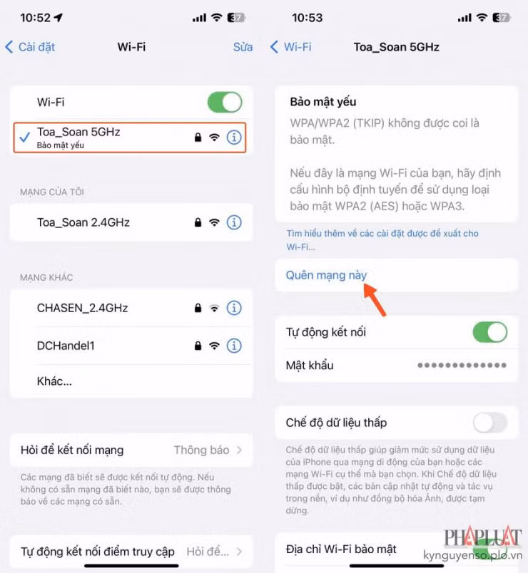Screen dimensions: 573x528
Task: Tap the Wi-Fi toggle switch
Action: (x=225, y=102)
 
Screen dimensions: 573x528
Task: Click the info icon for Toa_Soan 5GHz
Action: (x=234, y=138)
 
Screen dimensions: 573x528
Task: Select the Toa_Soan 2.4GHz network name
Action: (x=83, y=222)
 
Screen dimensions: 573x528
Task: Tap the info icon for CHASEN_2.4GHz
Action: (x=234, y=309)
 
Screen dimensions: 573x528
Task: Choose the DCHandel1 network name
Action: (x=66, y=346)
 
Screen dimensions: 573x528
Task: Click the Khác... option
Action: (x=54, y=381)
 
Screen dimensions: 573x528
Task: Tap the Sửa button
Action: (x=243, y=47)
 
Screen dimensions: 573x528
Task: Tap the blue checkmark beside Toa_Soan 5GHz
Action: (x=24, y=138)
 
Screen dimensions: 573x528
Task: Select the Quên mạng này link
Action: (x=326, y=275)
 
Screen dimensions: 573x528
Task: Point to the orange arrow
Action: (x=375, y=299)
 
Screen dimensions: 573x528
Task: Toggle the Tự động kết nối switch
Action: (x=489, y=332)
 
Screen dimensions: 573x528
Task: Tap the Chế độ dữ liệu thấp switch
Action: (x=489, y=423)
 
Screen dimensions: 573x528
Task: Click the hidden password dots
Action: (x=462, y=366)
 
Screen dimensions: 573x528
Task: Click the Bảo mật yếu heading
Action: (x=323, y=102)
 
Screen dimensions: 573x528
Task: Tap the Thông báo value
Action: (x=201, y=450)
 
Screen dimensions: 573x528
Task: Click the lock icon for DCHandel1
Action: (x=198, y=346)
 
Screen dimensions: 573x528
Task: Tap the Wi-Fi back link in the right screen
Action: (x=291, y=47)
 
